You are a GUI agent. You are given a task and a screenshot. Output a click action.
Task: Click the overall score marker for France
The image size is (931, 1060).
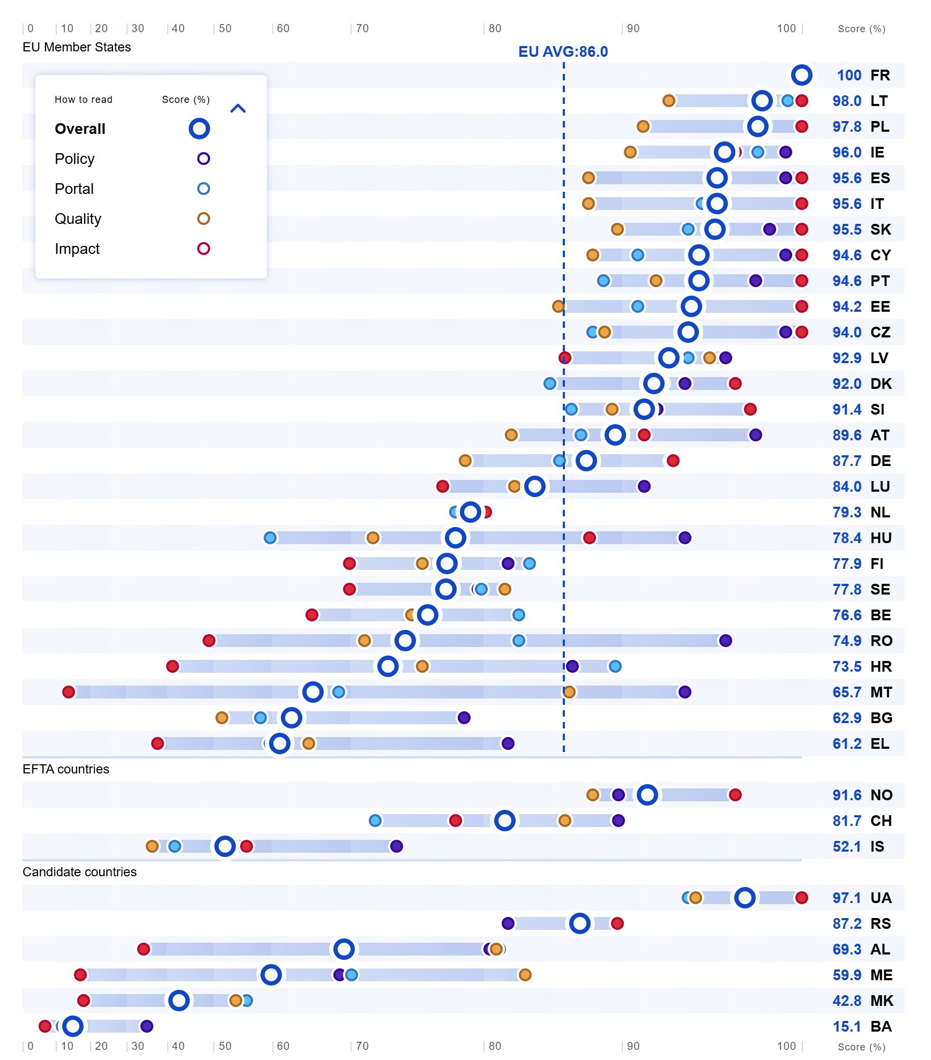tap(801, 75)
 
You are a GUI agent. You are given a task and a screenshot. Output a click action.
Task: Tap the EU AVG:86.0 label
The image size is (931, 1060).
tap(563, 51)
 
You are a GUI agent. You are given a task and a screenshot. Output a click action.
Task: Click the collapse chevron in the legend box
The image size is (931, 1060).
tap(237, 109)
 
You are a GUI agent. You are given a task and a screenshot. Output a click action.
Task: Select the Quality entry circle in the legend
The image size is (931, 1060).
tap(203, 219)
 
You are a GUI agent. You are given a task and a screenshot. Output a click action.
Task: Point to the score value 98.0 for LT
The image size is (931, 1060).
tap(846, 101)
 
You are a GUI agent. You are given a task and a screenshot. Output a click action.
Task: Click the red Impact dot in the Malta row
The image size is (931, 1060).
tap(69, 692)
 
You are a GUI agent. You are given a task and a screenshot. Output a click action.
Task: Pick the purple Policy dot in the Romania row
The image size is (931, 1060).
tap(725, 641)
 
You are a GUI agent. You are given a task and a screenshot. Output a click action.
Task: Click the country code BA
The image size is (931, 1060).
tap(881, 1026)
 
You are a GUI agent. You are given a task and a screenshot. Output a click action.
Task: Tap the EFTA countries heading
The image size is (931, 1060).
tap(66, 769)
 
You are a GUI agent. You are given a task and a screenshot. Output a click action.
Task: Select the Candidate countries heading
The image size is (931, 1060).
tap(79, 872)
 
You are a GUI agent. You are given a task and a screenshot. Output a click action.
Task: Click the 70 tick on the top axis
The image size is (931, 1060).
tap(362, 28)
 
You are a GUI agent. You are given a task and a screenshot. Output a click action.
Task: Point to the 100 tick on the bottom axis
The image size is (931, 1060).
tap(786, 1046)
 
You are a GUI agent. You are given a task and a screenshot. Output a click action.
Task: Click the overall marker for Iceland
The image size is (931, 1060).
tap(225, 846)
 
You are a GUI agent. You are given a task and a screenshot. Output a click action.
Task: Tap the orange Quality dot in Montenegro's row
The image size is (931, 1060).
tap(525, 975)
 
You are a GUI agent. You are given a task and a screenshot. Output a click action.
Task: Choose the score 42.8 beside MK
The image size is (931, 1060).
tap(846, 1001)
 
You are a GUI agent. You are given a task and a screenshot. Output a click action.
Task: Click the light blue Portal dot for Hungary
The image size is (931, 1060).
tap(270, 538)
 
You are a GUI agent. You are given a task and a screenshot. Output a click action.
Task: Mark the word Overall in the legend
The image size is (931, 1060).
tap(80, 129)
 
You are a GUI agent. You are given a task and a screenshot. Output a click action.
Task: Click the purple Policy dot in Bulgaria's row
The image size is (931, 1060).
tap(464, 718)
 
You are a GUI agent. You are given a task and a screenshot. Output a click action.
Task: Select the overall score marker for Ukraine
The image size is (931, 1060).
tap(744, 898)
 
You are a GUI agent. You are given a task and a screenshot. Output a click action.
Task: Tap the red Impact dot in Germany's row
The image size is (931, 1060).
tap(673, 461)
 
